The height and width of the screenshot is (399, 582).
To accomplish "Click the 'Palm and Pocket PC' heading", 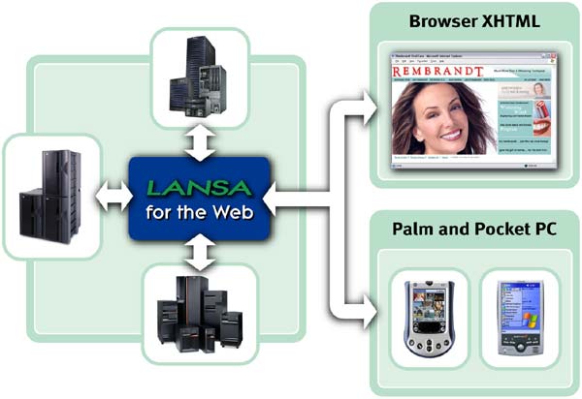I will coord(472,233).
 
